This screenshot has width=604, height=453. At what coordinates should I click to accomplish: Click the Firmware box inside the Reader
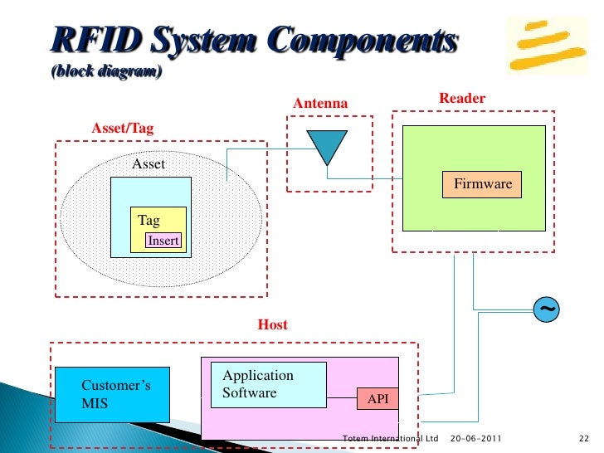[482, 184]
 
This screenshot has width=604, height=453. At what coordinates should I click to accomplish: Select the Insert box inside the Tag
[163, 241]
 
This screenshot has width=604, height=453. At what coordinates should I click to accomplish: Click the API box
[377, 399]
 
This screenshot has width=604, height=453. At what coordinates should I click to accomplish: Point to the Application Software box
[268, 384]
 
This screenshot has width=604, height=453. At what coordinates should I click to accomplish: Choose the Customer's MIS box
[112, 394]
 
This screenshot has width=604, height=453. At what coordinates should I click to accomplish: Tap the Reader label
[461, 99]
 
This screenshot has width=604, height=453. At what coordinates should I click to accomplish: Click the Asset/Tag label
[122, 129]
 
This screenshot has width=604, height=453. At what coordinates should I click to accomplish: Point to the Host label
[272, 324]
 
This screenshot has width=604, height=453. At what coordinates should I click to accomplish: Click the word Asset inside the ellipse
[149, 164]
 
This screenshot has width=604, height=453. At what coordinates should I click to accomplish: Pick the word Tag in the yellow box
[149, 221]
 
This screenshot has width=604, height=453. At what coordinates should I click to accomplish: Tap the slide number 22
[582, 438]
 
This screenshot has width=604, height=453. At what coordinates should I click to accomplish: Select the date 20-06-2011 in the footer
[475, 438]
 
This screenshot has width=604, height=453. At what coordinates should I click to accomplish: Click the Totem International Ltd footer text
[390, 438]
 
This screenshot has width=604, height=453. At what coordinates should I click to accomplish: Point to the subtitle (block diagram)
[106, 72]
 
